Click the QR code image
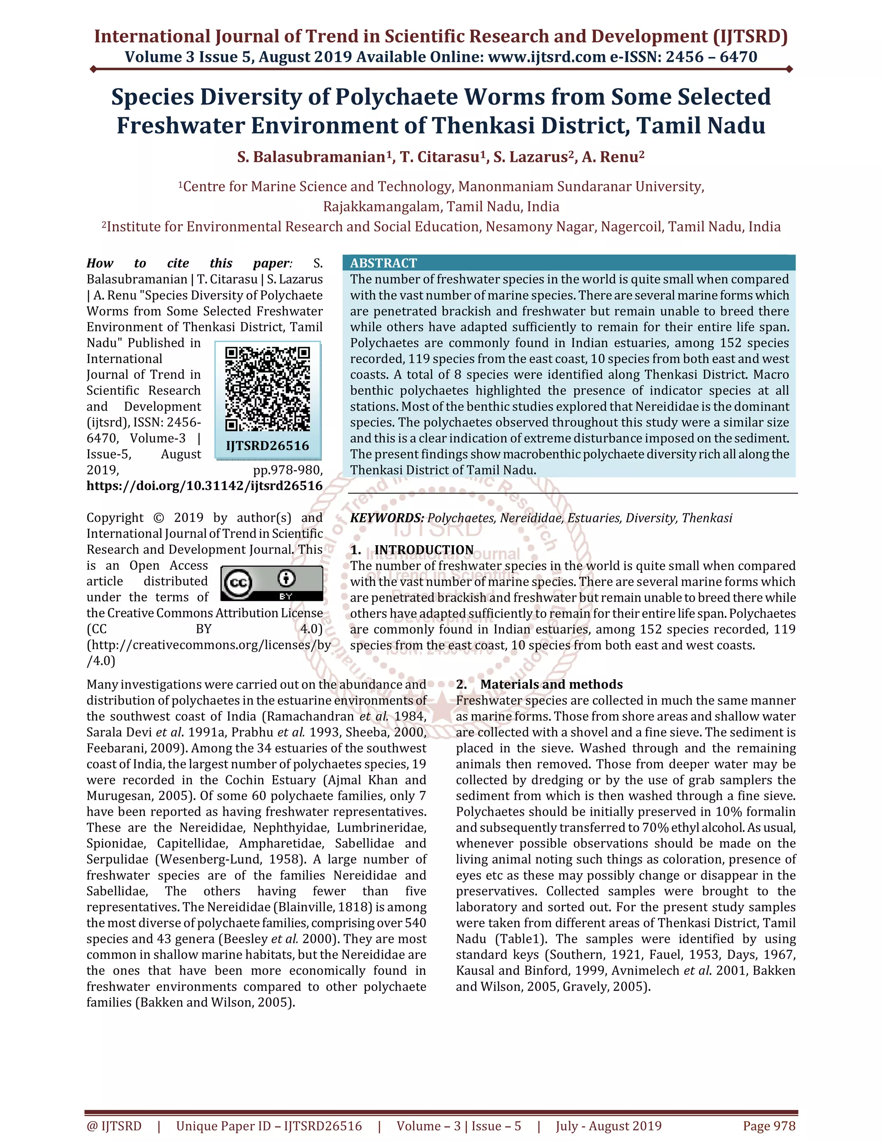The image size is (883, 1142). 267,389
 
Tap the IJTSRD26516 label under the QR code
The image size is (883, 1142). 267,446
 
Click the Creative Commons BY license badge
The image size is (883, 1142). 272,583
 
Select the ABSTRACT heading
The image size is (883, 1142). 383,263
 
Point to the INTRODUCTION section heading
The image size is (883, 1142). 424,549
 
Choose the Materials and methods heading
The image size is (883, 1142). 551,684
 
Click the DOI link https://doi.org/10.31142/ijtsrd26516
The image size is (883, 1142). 204,486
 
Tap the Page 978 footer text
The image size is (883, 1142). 769,1126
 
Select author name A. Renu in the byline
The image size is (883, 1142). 613,157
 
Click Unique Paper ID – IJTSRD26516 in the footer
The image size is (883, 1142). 269,1126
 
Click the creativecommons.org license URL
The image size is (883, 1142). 208,645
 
